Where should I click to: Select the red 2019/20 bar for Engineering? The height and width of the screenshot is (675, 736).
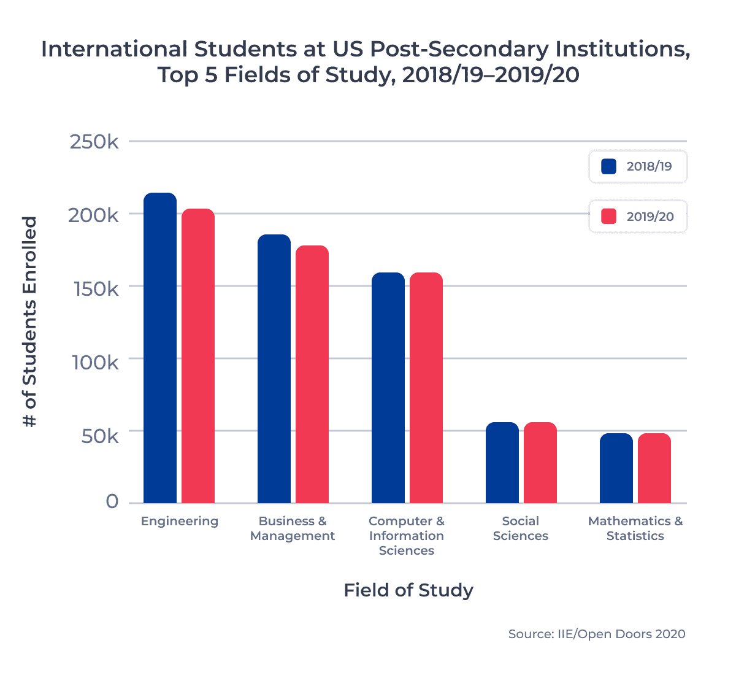pyautogui.click(x=198, y=356)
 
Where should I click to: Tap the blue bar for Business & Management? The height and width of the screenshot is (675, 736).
pyautogui.click(x=274, y=369)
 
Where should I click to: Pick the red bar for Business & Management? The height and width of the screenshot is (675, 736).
pyautogui.click(x=312, y=374)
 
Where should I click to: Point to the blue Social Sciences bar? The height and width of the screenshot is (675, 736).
pyautogui.click(x=502, y=463)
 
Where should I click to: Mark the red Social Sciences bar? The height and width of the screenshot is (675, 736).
pyautogui.click(x=540, y=463)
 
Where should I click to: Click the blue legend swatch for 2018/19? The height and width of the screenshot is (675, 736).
pyautogui.click(x=608, y=166)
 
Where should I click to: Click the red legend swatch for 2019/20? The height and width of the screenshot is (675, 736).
pyautogui.click(x=608, y=217)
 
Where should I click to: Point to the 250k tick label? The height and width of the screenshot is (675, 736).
pyautogui.click(x=94, y=142)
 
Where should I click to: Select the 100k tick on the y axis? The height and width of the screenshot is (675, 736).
pyautogui.click(x=95, y=362)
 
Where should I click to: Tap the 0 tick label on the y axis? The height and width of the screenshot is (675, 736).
pyautogui.click(x=112, y=502)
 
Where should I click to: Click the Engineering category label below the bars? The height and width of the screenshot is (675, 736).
pyautogui.click(x=179, y=522)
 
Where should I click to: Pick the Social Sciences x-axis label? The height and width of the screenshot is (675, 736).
pyautogui.click(x=520, y=528)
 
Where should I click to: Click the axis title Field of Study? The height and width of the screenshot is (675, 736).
pyautogui.click(x=408, y=590)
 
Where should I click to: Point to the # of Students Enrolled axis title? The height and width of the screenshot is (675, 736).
pyautogui.click(x=29, y=322)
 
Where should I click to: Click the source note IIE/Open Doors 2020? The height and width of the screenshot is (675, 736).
pyautogui.click(x=596, y=634)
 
